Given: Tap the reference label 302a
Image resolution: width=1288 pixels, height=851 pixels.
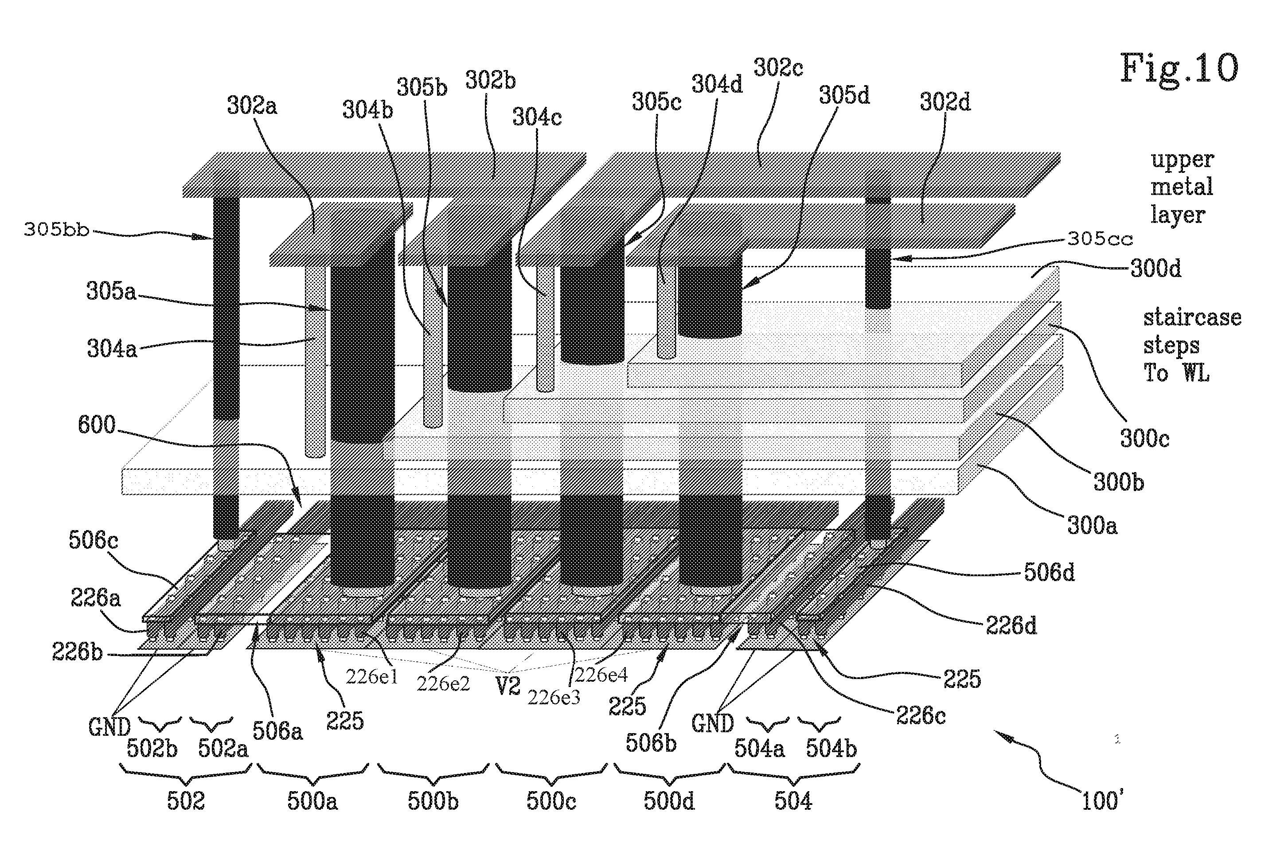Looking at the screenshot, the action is [x=252, y=105].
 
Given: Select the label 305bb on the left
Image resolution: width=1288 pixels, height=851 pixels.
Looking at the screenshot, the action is [x=56, y=230].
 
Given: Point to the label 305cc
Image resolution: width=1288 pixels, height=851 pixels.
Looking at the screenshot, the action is [x=1100, y=239].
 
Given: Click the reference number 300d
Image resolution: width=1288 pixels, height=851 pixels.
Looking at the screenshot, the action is [x=1155, y=268].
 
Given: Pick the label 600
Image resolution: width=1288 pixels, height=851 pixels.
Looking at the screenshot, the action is [x=97, y=425].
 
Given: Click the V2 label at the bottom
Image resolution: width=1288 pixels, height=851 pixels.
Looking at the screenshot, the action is [x=508, y=687].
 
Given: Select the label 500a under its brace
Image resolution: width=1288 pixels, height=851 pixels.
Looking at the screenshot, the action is [x=312, y=801].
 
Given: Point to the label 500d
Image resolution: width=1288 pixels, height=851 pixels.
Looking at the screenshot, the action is [x=669, y=801].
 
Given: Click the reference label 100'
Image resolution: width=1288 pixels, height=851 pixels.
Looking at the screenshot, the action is [x=1102, y=800].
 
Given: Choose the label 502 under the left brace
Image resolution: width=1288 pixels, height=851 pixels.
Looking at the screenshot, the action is [x=186, y=801].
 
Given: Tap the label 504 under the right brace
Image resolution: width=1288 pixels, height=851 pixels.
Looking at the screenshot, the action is [x=793, y=801].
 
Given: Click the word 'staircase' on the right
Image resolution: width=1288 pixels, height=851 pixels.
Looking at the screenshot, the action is [x=1192, y=317].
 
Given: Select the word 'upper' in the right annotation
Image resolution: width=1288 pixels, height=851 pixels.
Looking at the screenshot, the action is [x=1182, y=160].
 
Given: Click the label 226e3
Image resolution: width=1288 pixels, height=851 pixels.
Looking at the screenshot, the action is [x=554, y=697].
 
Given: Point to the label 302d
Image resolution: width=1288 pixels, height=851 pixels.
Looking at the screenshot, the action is [x=945, y=101].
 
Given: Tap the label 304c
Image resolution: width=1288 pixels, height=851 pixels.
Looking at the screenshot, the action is [x=537, y=117].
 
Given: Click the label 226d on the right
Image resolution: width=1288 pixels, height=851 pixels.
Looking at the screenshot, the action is [x=1011, y=626].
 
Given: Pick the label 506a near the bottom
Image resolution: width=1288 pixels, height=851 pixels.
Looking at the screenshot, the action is [x=277, y=731].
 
